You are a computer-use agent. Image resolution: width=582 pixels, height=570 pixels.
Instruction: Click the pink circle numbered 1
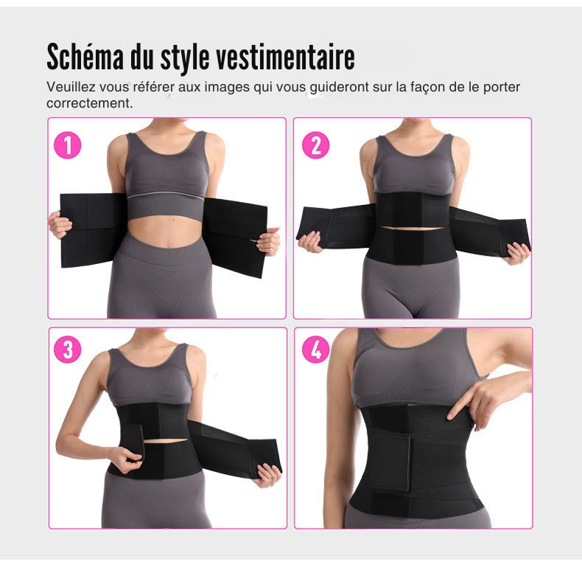point(68,145)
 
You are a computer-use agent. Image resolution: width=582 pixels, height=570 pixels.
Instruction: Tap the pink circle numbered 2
point(315,145)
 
